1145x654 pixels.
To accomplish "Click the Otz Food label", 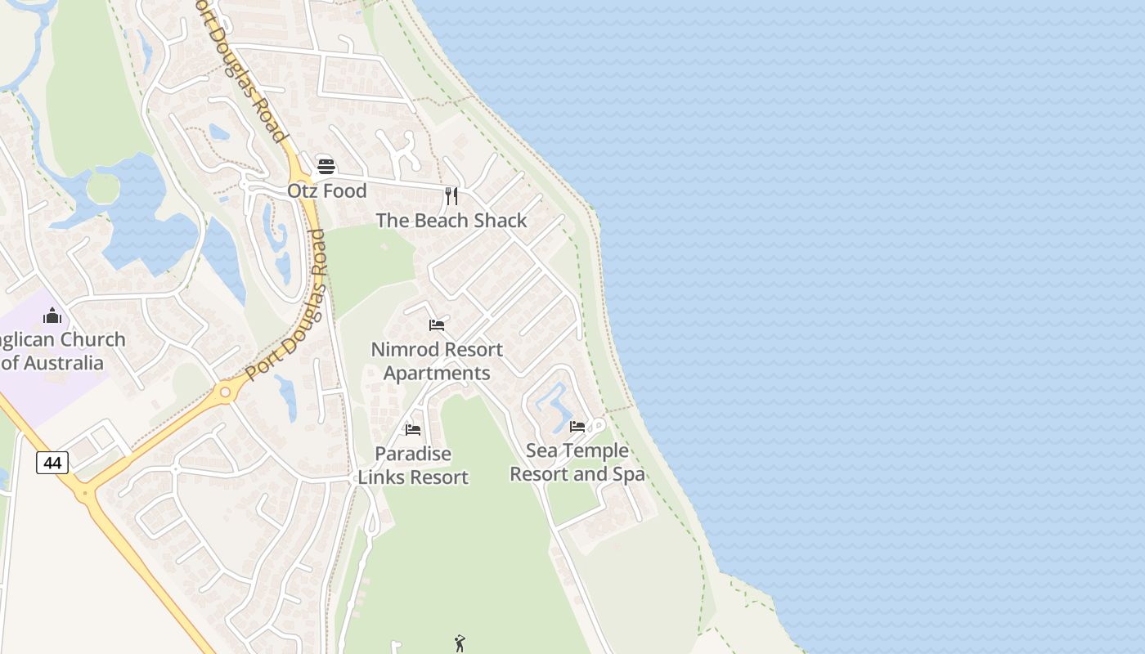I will [x=326, y=190].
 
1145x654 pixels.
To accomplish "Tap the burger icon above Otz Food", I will [x=326, y=167].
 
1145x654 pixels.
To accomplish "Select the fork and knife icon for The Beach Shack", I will [x=451, y=196].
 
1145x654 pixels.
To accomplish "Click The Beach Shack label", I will [x=451, y=220].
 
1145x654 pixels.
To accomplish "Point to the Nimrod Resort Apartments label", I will [x=437, y=361].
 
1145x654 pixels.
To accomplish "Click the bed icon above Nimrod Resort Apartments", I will [x=437, y=325].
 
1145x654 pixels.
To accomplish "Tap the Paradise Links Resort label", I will [x=413, y=465].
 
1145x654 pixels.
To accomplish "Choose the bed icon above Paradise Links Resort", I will [x=413, y=429].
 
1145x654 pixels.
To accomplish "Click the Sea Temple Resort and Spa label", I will [x=577, y=462].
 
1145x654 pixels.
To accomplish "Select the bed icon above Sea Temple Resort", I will [x=577, y=426].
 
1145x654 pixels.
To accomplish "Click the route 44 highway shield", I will [x=52, y=463].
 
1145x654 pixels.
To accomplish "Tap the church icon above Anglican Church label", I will [x=52, y=316].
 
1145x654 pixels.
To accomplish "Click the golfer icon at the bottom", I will [x=460, y=643].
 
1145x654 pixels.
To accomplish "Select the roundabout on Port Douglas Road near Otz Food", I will [x=303, y=173].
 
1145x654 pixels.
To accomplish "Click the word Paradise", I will [x=413, y=454].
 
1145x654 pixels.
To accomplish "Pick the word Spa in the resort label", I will [x=628, y=474].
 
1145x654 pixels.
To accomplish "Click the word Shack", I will [x=501, y=220].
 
